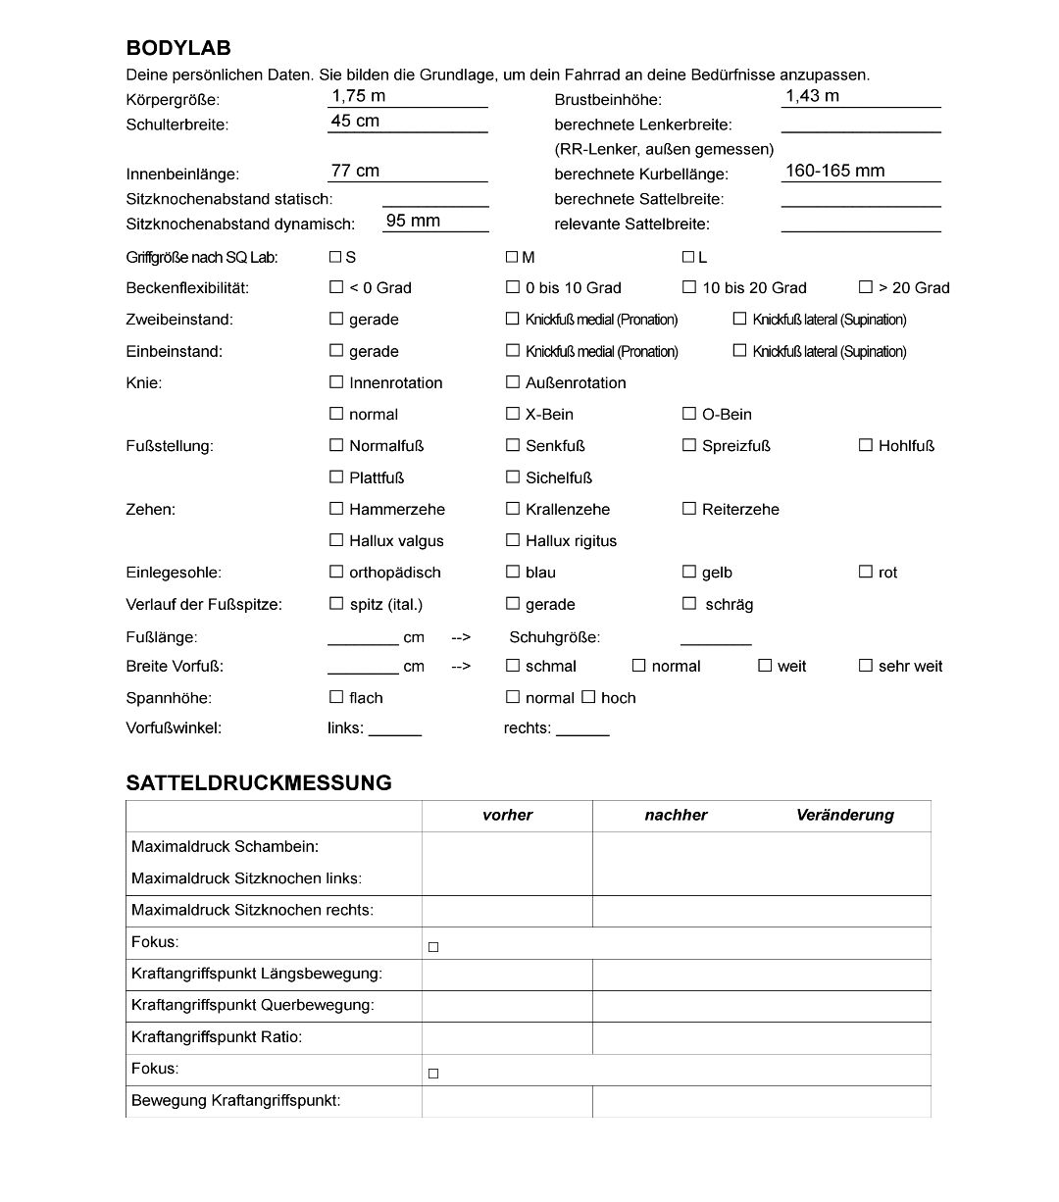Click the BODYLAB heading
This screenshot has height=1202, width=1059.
(x=178, y=48)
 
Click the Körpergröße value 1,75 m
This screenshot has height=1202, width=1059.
(x=359, y=96)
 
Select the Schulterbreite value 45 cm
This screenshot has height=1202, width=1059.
(x=355, y=121)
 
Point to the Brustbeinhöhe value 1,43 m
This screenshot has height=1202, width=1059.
(x=812, y=96)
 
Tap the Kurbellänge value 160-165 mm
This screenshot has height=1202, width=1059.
(x=834, y=171)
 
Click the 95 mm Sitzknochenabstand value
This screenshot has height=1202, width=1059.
(x=413, y=221)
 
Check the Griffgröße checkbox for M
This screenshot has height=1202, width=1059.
(x=512, y=257)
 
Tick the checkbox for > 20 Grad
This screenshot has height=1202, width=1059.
(x=866, y=287)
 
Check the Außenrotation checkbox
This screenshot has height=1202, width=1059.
(x=513, y=382)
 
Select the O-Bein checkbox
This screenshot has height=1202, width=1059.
(x=689, y=414)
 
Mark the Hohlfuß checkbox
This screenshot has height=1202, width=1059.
(x=866, y=445)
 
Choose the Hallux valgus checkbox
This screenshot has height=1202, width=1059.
(x=336, y=540)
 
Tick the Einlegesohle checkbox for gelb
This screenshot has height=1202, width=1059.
(x=689, y=572)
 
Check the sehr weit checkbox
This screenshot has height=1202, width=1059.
(x=866, y=666)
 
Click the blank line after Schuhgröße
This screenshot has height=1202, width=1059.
(x=716, y=640)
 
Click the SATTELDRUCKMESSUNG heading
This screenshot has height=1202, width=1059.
(x=259, y=782)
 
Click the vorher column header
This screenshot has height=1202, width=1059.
(x=507, y=815)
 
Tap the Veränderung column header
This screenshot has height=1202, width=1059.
(x=845, y=815)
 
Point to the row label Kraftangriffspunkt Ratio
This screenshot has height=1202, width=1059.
(x=217, y=1036)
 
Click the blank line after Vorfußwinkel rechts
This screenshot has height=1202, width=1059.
(x=582, y=730)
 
